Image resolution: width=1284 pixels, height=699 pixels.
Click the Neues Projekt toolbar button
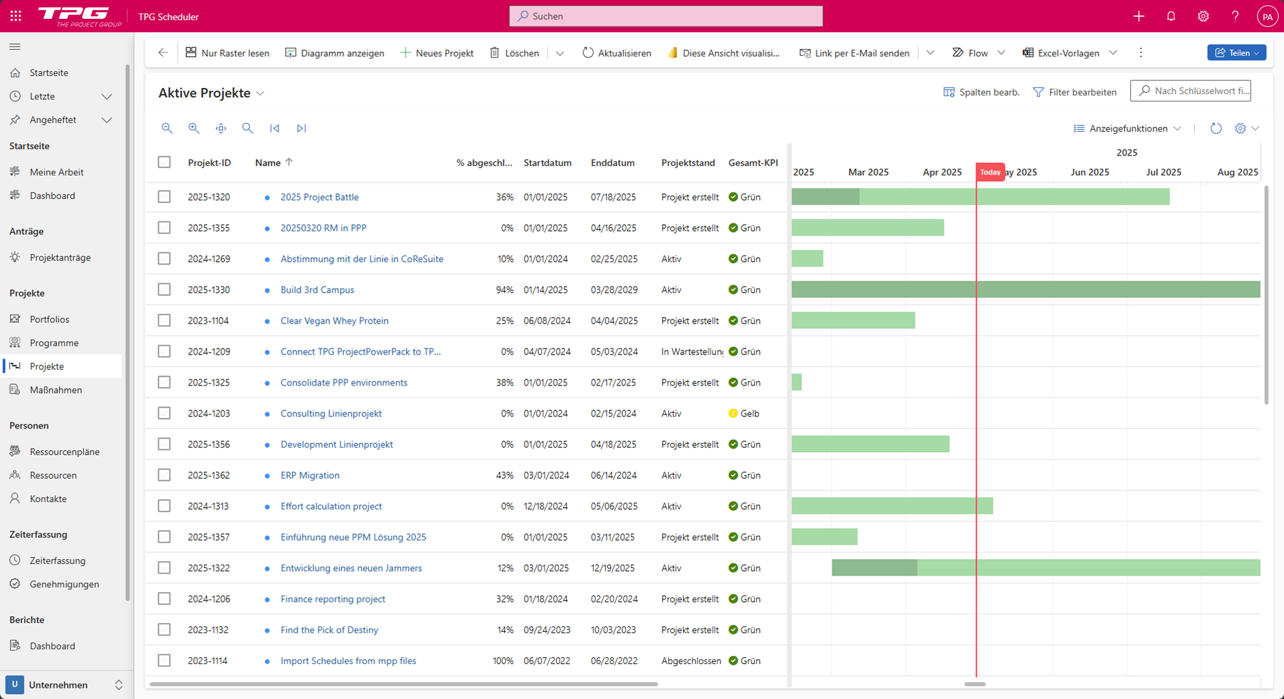437,53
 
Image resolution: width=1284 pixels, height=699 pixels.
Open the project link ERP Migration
310,476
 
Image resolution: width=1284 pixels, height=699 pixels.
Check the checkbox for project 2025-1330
164,290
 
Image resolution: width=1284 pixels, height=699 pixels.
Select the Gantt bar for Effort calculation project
891,506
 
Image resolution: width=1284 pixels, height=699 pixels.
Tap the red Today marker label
990,172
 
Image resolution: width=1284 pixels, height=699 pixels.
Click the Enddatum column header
612,163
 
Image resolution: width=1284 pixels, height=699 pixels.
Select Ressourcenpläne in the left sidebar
65,452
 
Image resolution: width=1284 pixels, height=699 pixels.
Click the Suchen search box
666,16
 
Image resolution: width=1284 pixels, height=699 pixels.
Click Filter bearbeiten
1074,92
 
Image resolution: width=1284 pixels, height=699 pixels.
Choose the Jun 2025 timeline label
1089,172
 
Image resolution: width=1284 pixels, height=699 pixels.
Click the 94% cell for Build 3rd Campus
504,290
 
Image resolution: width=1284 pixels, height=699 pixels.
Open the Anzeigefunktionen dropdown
1127,128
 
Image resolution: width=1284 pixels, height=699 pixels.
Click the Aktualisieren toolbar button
616,53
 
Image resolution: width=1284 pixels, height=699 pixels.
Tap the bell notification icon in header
1171,16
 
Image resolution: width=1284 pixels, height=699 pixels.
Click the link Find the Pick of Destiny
329,630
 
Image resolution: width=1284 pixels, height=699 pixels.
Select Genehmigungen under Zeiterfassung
65,585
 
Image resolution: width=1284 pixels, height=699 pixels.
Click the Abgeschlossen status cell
690,661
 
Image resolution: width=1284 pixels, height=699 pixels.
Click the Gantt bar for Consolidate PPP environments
797,383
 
